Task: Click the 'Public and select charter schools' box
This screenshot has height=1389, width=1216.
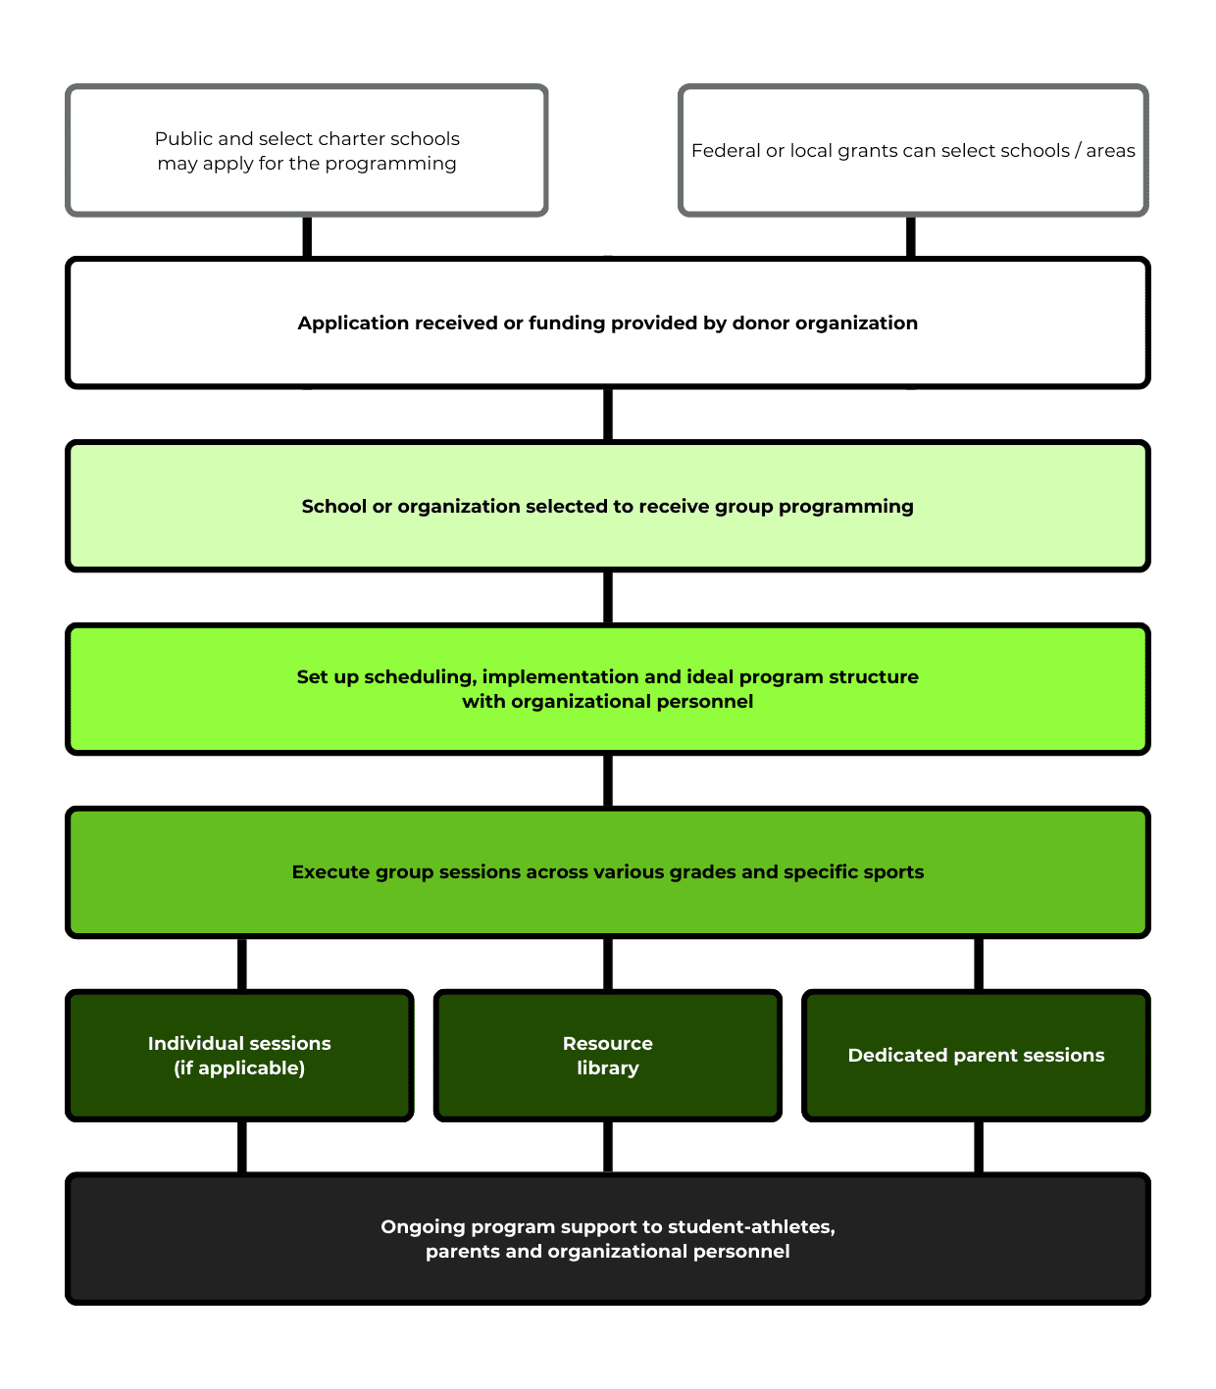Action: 306,150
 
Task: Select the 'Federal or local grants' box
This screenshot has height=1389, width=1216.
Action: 913,150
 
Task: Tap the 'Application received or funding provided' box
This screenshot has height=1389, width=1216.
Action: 608,322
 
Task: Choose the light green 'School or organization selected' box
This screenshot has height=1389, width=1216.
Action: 608,506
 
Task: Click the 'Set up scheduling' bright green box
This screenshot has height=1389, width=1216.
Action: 608,688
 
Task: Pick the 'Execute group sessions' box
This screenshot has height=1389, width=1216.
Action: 608,871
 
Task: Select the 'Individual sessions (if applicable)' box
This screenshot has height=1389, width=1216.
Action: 239,1055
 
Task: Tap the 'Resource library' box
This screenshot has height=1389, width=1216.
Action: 608,1055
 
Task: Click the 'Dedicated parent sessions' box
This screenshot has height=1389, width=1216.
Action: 976,1055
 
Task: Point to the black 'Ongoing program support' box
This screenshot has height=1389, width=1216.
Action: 608,1238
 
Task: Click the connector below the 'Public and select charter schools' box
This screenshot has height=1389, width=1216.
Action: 307,237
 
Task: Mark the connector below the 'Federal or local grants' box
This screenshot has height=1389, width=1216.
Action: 910,237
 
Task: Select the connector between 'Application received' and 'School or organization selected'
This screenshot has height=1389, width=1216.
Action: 608,414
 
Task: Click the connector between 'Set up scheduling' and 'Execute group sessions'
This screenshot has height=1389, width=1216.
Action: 608,780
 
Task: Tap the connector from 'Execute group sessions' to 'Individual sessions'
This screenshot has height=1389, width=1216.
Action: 241,964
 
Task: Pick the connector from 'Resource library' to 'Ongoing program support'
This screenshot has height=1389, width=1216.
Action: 608,1147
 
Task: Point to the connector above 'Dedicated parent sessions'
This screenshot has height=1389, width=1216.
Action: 979,964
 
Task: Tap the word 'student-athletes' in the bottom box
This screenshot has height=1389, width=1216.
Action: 751,1226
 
